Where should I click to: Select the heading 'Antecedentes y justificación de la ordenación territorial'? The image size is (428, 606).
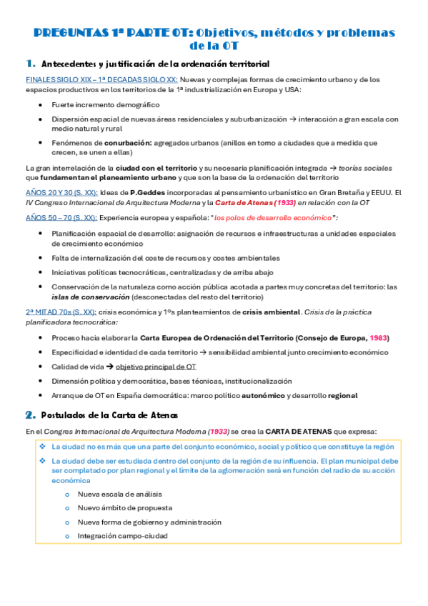pyautogui.click(x=156, y=64)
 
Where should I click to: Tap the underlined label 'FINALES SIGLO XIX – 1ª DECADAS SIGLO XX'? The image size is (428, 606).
pyautogui.click(x=101, y=79)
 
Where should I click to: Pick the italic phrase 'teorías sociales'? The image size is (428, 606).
pyautogui.click(x=364, y=168)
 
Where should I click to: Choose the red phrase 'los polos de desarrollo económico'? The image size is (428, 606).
pyautogui.click(x=274, y=217)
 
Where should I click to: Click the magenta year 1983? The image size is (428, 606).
pyautogui.click(x=378, y=337)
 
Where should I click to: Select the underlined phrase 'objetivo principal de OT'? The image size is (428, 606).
pyautogui.click(x=156, y=367)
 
